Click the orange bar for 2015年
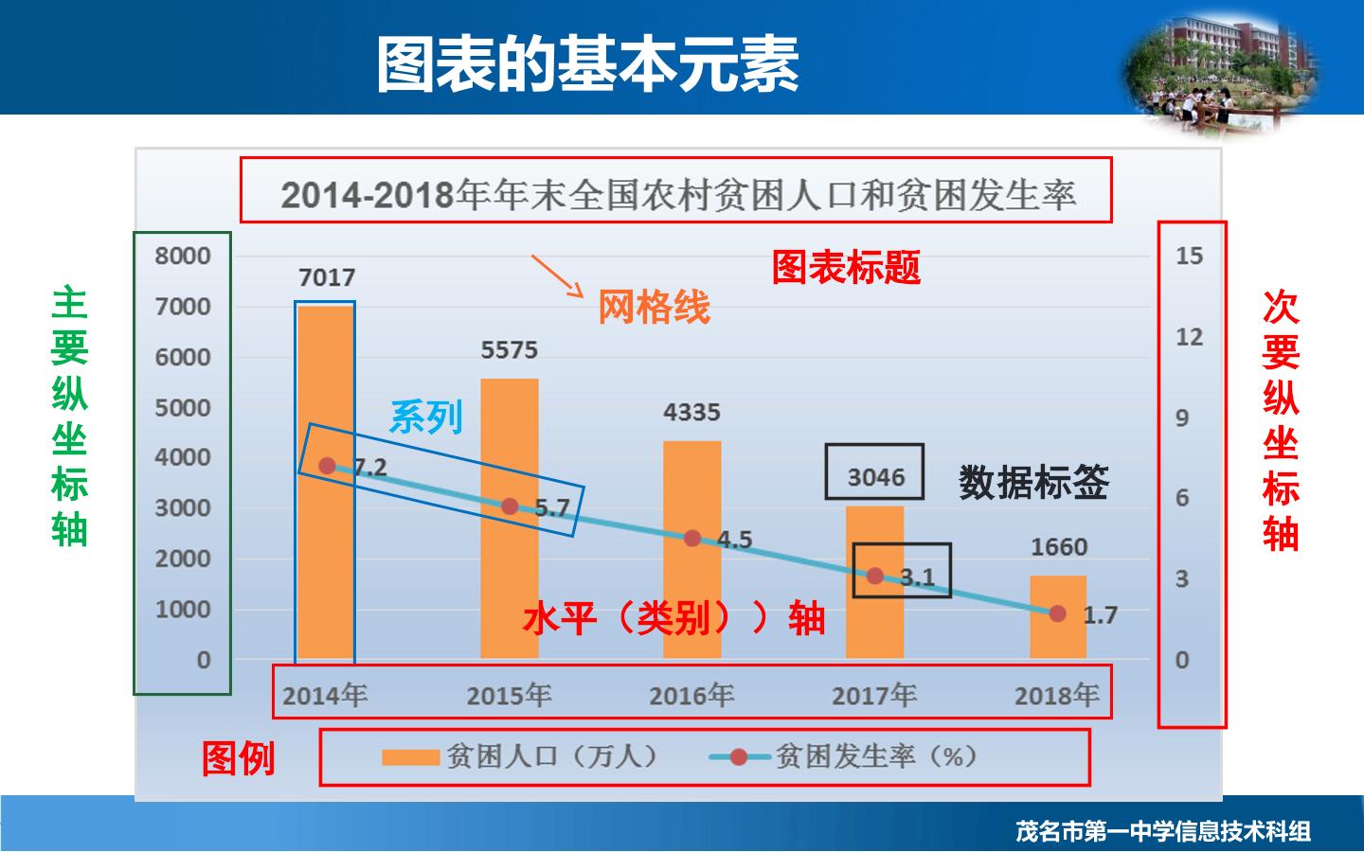pyautogui.click(x=510, y=519)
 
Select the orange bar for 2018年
pyautogui.click(x=1058, y=617)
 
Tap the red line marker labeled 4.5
pyautogui.click(x=692, y=538)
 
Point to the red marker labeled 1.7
pyautogui.click(x=1058, y=613)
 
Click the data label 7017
pyautogui.click(x=327, y=278)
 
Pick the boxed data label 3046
pyautogui.click(x=876, y=477)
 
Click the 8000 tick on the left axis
pyautogui.click(x=183, y=256)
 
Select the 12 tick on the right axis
pyautogui.click(x=1190, y=337)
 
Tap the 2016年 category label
pyautogui.click(x=691, y=695)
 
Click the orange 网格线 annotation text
pyautogui.click(x=654, y=307)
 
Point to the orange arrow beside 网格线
pyautogui.click(x=557, y=275)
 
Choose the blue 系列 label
pyautogui.click(x=426, y=417)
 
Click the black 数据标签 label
pyautogui.click(x=1034, y=482)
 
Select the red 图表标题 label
pyautogui.click(x=847, y=267)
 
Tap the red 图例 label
pyautogui.click(x=238, y=758)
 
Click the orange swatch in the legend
pyautogui.click(x=410, y=757)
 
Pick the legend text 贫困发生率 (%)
pyautogui.click(x=876, y=756)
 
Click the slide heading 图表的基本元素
pyautogui.click(x=587, y=63)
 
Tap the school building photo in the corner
pyautogui.click(x=1221, y=73)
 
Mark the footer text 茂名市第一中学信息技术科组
pyautogui.click(x=1163, y=831)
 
